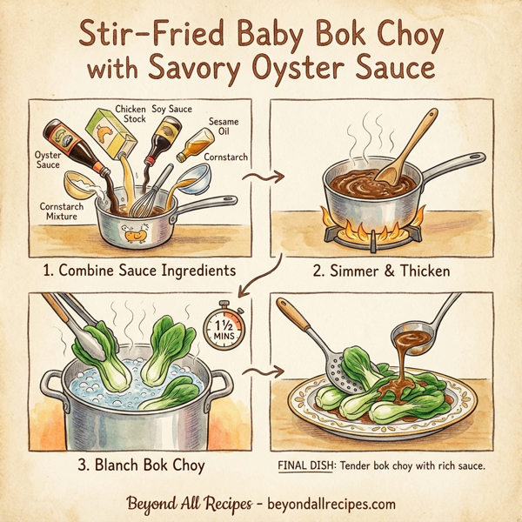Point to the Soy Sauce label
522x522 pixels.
click(171, 109)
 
